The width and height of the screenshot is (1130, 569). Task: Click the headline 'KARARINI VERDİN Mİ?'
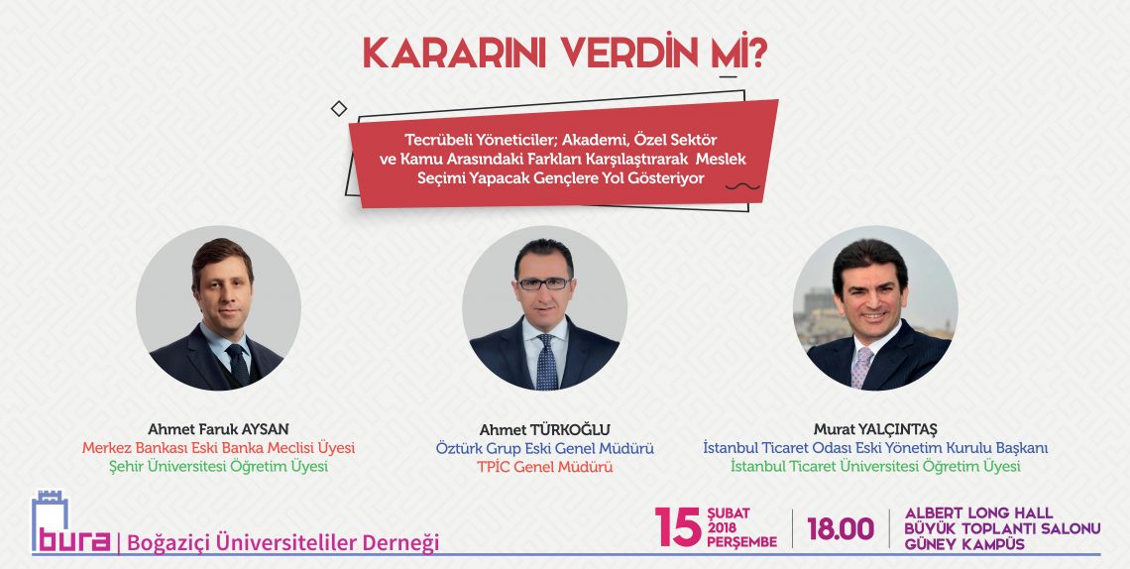click(564, 54)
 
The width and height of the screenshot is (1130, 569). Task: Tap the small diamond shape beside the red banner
click(339, 109)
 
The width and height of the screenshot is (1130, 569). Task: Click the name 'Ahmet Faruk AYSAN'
click(218, 429)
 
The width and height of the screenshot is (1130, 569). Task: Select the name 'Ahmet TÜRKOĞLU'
click(544, 429)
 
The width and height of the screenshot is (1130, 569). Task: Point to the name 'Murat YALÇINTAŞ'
click(875, 429)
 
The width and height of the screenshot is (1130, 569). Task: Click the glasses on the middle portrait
click(544, 284)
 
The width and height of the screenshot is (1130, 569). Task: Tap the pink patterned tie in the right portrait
click(861, 368)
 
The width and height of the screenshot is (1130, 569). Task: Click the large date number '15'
click(677, 527)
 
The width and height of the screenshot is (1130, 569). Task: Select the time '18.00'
click(841, 529)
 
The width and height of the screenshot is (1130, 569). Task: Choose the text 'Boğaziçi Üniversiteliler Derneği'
click(282, 543)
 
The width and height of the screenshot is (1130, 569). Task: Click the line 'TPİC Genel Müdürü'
click(544, 467)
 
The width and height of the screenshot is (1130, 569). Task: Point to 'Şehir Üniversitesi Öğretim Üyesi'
click(218, 467)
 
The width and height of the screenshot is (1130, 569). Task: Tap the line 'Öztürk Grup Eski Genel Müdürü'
click(544, 448)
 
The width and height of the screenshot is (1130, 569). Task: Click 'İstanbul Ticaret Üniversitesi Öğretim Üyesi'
click(875, 467)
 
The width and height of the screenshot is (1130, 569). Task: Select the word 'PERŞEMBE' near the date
click(741, 541)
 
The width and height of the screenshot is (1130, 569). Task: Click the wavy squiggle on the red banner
click(742, 186)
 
